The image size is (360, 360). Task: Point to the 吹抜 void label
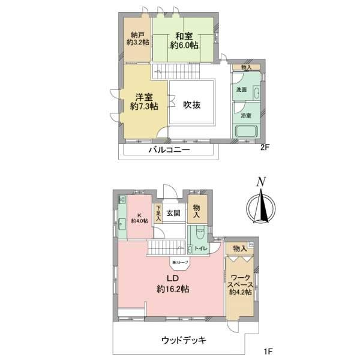point(192,104)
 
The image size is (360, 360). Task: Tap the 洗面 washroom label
point(241,89)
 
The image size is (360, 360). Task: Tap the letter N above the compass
point(260,182)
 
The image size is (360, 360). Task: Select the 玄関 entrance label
point(174,212)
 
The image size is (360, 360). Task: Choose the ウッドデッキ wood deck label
point(184,341)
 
